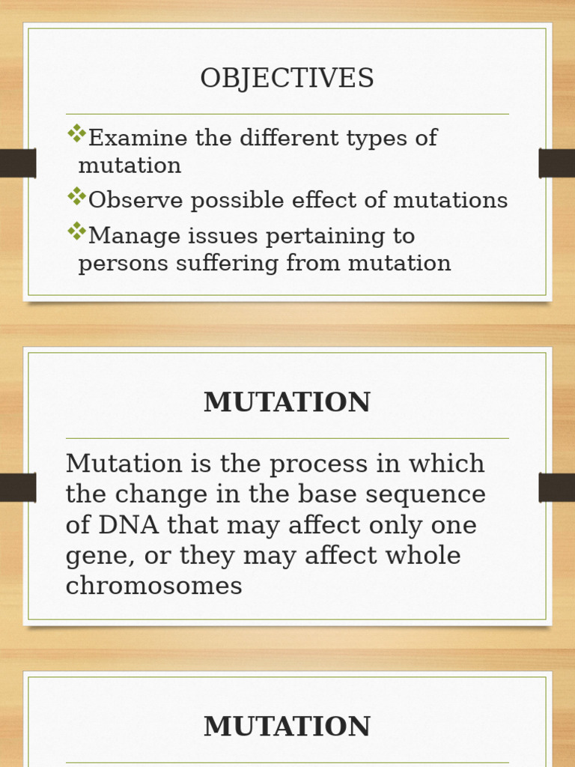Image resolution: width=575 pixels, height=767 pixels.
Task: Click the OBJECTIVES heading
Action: [287, 79]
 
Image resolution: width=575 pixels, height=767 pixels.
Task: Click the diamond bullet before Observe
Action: [76, 197]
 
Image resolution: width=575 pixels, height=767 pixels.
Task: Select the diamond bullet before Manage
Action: [76, 232]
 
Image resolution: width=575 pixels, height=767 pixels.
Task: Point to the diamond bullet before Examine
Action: [76, 134]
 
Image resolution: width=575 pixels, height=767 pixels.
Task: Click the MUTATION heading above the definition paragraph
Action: [287, 402]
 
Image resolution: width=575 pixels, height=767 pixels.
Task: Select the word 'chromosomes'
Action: [153, 586]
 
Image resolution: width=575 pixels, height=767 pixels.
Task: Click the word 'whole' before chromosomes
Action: [424, 556]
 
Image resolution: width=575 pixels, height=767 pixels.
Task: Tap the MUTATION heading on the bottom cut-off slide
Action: [287, 727]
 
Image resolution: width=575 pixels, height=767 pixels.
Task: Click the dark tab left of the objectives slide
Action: [17, 163]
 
